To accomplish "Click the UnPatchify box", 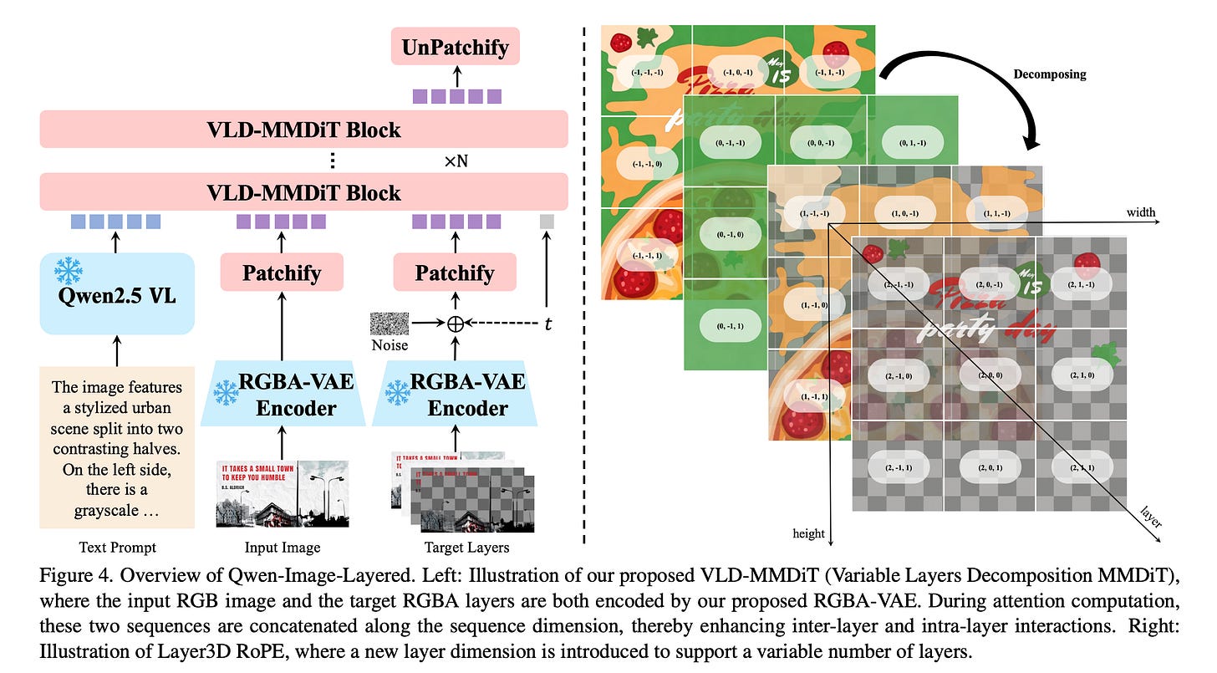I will (x=455, y=47).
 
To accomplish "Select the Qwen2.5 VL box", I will (x=117, y=293).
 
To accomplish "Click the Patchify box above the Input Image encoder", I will (x=282, y=273).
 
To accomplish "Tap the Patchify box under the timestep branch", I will (x=455, y=273).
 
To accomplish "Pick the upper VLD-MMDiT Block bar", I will (x=303, y=130).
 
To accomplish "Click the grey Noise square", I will (x=389, y=324).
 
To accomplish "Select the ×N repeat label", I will (x=456, y=161).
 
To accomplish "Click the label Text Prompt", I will (x=117, y=548).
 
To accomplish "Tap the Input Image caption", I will (x=282, y=548).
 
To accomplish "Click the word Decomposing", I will (x=1049, y=74).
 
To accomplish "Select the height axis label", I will (x=808, y=533).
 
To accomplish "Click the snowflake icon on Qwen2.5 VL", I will (x=68, y=271).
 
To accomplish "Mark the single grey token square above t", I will (x=547, y=222).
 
